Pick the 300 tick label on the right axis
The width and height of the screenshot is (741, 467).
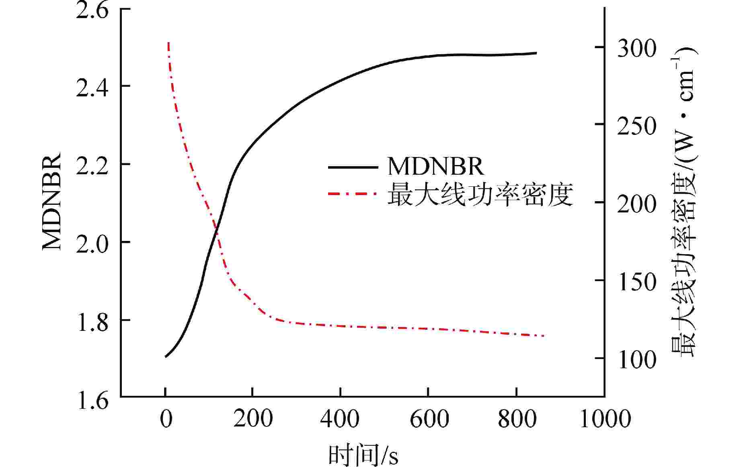coord(637,48)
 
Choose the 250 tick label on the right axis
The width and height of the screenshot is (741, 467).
coord(637,126)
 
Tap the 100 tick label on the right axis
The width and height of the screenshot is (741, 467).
coord(637,359)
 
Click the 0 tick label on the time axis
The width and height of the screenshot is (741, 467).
coord(165,419)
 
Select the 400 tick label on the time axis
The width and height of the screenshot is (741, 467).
coord(340,419)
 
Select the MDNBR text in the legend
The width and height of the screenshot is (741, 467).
coord(436,166)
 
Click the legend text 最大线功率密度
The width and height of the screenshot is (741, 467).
coord(480,195)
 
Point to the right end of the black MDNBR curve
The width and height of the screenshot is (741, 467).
coord(536,53)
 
